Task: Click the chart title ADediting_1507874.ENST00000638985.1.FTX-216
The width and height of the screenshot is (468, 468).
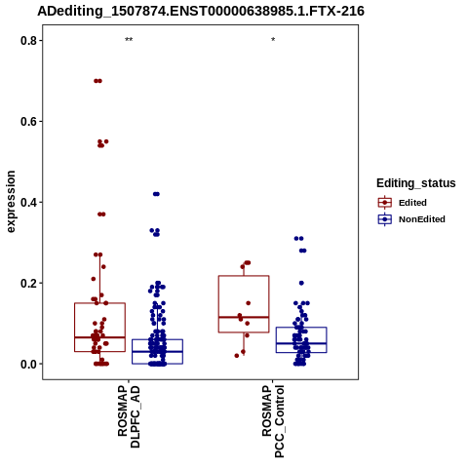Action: pos(201,12)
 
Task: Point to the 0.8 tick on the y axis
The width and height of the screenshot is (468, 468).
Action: pos(27,41)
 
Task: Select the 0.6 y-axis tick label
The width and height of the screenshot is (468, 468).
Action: pos(27,122)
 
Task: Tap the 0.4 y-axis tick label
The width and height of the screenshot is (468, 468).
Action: pos(27,202)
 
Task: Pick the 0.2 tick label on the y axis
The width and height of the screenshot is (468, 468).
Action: pos(27,283)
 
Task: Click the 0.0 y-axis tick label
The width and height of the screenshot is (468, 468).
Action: pos(27,364)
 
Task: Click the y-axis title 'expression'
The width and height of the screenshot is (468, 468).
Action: pos(11,202)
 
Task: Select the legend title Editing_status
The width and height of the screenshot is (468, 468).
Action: pos(416,183)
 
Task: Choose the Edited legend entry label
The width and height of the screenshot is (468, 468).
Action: pos(412,203)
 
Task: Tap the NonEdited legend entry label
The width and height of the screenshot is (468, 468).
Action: pos(422,219)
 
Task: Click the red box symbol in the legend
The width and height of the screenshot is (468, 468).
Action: pos(385,203)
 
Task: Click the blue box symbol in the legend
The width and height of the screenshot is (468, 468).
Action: pos(385,219)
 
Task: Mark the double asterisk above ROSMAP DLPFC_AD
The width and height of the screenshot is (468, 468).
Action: pos(129,40)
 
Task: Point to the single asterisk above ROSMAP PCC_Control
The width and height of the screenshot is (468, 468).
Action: pos(273,40)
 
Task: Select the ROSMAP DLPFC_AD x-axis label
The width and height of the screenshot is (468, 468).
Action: pos(129,416)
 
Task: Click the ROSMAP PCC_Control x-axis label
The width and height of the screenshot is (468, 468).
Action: pos(273,421)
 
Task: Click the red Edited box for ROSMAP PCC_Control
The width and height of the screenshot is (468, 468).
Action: pos(244,276)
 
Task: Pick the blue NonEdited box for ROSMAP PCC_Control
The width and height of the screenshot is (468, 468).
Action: pos(301,328)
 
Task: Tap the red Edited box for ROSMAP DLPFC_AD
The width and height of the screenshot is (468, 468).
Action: pos(99,303)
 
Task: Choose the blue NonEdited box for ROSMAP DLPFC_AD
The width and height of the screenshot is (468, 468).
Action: pos(157,339)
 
